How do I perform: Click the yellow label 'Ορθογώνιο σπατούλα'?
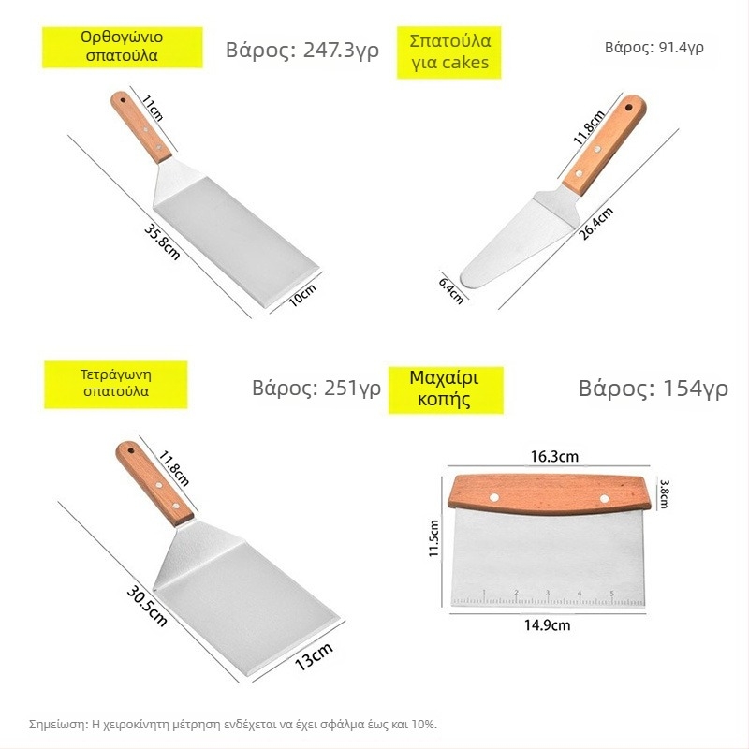click(123, 47)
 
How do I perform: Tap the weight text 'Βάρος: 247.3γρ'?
click(302, 51)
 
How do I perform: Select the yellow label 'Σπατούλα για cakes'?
click(449, 52)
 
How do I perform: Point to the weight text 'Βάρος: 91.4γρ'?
click(654, 48)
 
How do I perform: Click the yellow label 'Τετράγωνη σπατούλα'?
click(115, 384)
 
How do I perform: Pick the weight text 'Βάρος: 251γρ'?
click(316, 388)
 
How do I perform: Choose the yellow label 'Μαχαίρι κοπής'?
click(446, 389)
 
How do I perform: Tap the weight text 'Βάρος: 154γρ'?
click(653, 389)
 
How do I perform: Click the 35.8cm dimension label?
click(162, 242)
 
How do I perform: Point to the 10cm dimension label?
click(302, 295)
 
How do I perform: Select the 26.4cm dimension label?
click(595, 224)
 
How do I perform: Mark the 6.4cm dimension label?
click(451, 290)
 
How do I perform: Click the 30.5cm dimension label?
click(147, 606)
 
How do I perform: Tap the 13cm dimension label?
click(314, 656)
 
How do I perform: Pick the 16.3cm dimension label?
click(554, 457)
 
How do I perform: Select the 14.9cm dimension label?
click(547, 624)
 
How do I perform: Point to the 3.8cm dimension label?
click(664, 493)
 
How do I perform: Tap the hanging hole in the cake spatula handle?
click(628, 106)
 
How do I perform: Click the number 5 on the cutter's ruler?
click(611, 594)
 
